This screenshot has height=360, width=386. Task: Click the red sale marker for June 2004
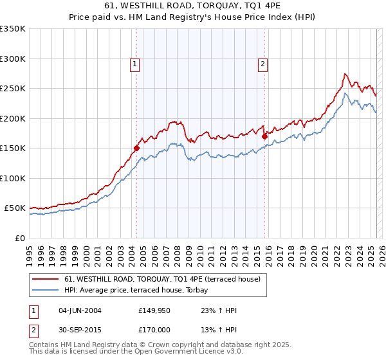[136, 148]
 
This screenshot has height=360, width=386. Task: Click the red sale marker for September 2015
[264, 136]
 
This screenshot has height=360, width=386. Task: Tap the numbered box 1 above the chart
[135, 64]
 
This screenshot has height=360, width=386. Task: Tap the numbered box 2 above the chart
[264, 64]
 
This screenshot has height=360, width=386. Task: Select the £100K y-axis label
[13, 178]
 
